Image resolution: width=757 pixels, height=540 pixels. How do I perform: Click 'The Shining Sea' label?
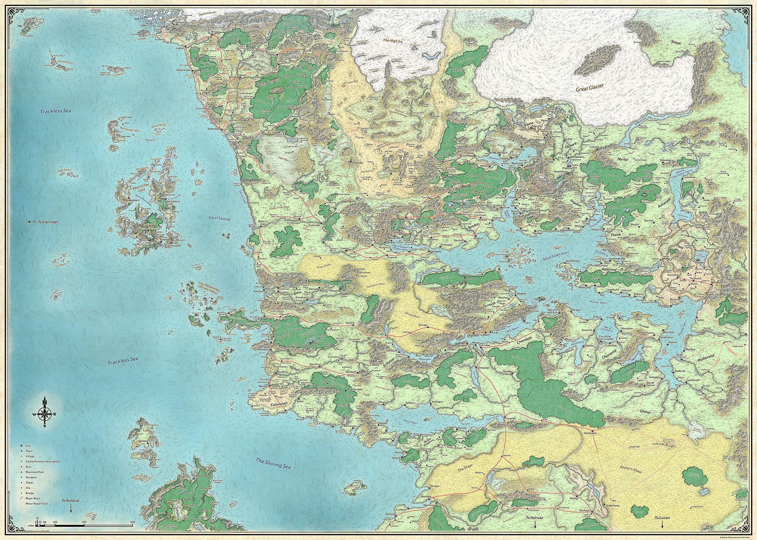272,464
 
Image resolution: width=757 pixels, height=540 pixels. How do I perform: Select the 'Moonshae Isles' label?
138,190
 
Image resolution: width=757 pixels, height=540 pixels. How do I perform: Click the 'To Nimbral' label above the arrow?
69,500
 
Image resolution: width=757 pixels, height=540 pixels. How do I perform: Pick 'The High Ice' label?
393,40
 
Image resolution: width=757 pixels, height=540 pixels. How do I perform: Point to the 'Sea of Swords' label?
219,218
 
